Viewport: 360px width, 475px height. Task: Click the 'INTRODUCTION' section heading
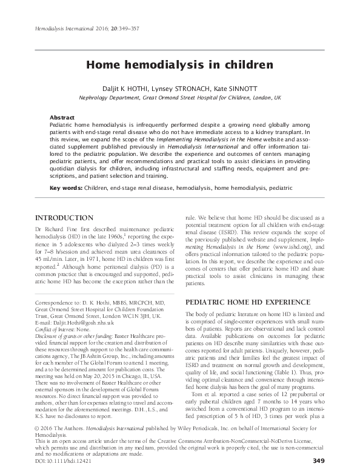(64, 217)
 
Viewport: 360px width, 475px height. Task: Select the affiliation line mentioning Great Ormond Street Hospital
(180, 97)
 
